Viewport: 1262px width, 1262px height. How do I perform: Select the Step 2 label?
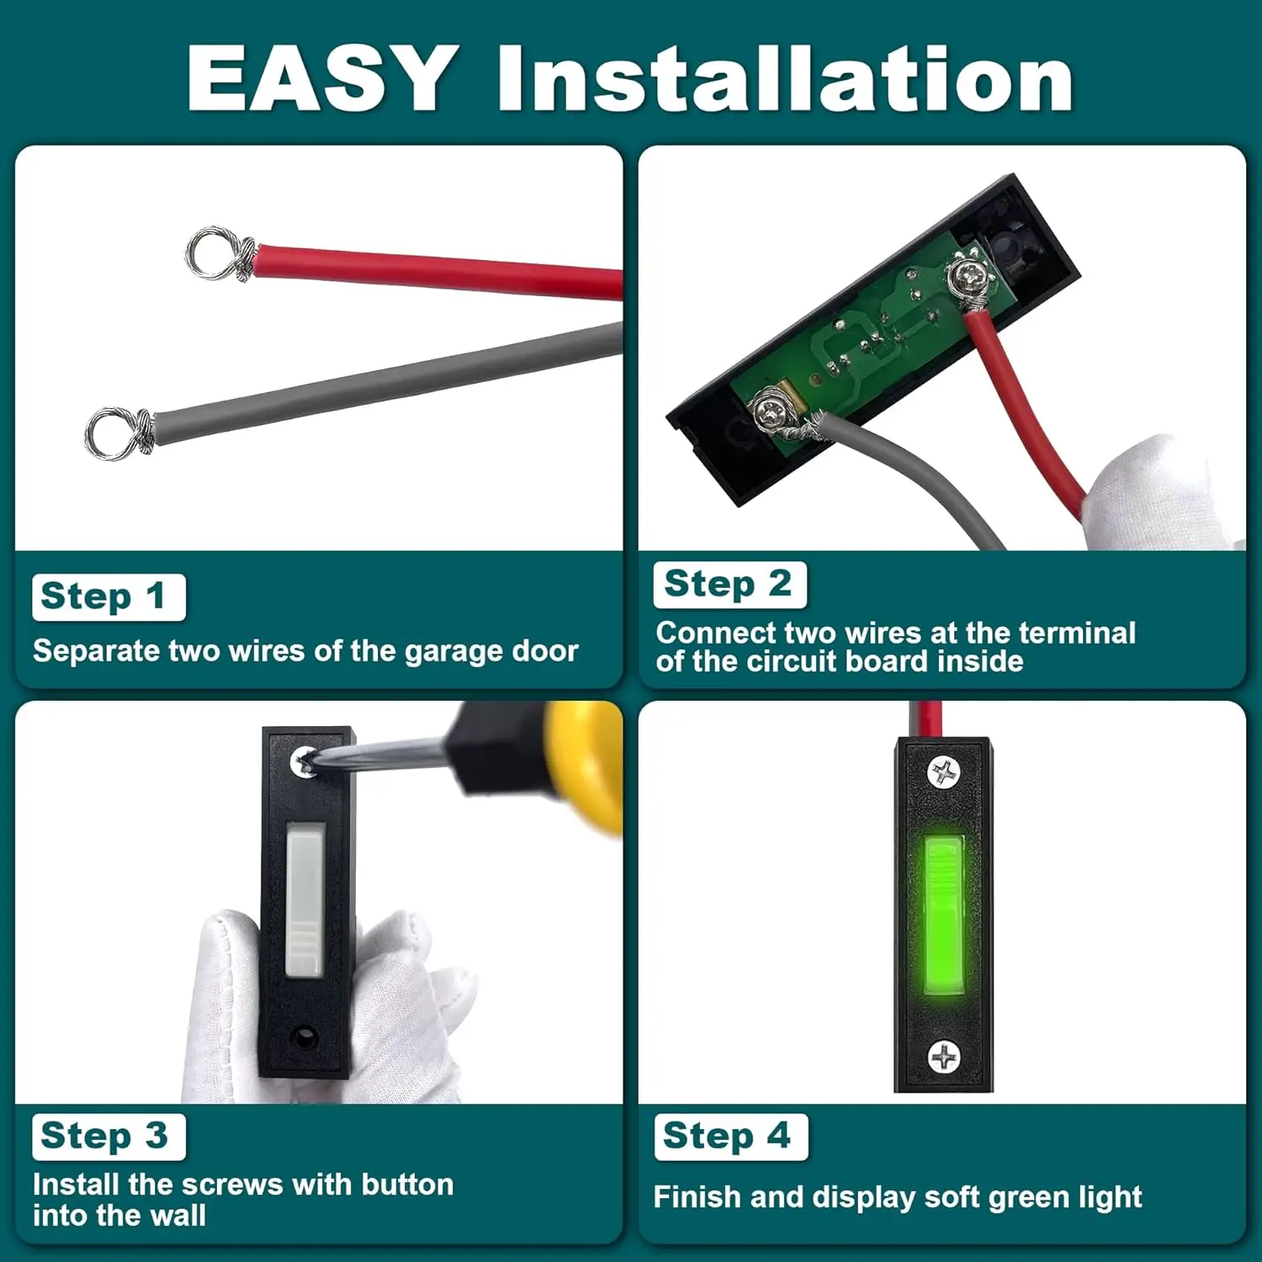(x=729, y=584)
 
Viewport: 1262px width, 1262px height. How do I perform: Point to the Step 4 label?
(x=729, y=1136)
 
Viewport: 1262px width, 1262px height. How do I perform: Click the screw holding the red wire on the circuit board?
(x=970, y=274)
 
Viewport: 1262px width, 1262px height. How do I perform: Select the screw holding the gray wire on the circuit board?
(x=769, y=411)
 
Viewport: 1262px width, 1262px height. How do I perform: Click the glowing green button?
(x=942, y=915)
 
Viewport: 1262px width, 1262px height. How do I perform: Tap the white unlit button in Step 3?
(x=305, y=900)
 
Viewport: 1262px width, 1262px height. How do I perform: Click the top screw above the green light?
(x=942, y=772)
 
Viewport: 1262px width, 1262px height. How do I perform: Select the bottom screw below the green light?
(x=942, y=1056)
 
